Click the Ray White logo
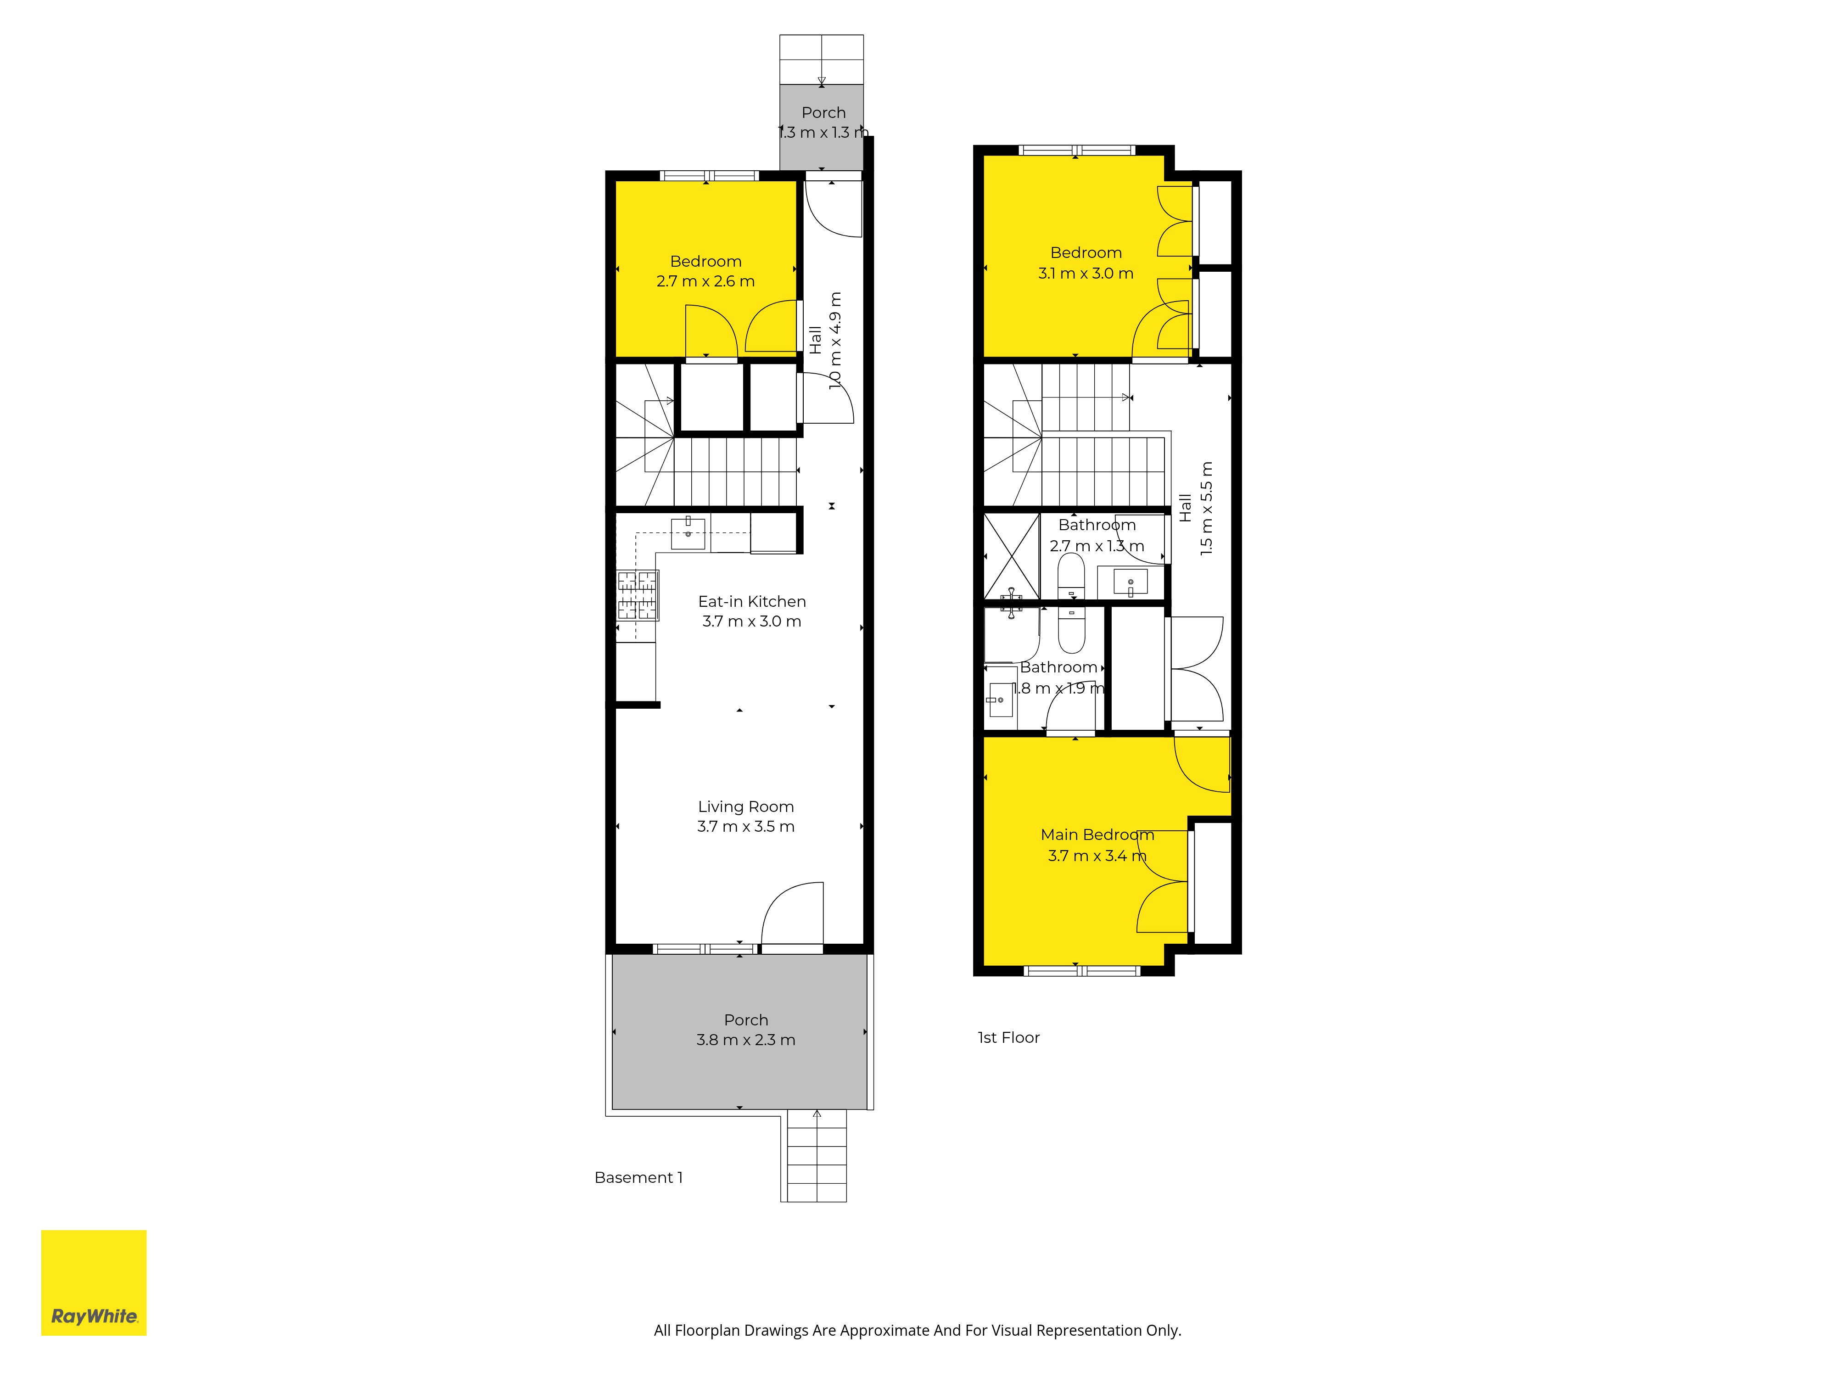tap(94, 1282)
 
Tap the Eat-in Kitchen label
tap(752, 601)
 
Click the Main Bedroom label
tap(1097, 834)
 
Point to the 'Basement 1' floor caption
tap(638, 1177)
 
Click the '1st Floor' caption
tap(1008, 1037)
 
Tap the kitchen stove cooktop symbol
tap(638, 596)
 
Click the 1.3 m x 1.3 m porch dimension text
tap(823, 132)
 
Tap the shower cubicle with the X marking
tap(1012, 555)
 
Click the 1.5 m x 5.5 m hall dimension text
tap(1207, 508)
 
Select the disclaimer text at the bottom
tap(917, 1331)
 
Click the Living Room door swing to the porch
tap(793, 913)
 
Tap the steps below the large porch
tap(817, 1155)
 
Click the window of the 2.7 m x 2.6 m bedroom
tap(709, 175)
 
